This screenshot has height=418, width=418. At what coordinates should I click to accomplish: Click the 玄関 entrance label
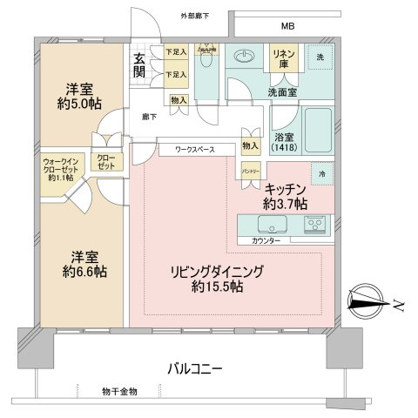140,65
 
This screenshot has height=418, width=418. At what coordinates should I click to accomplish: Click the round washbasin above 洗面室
245,60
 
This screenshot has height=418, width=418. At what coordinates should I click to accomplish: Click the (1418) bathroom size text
283,147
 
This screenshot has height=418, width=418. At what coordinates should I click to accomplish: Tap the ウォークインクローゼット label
62,168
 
